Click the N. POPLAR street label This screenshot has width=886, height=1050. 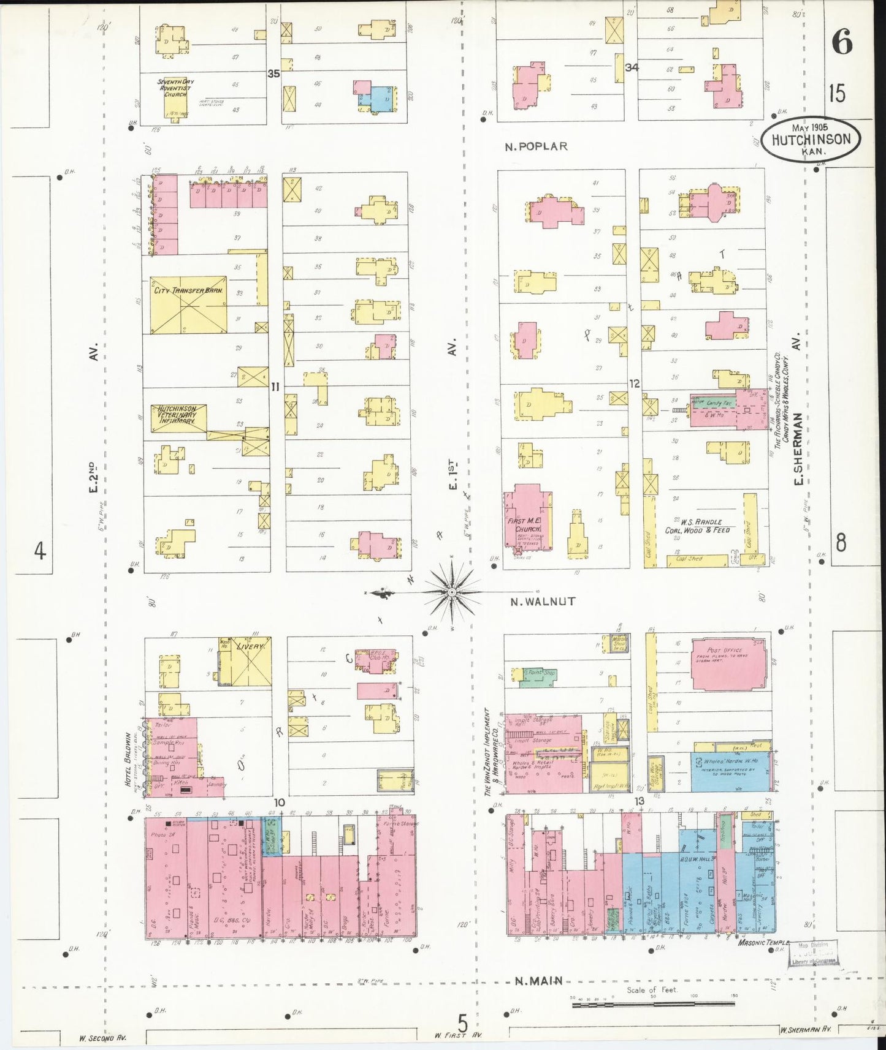tap(537, 146)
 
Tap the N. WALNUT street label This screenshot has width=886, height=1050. tap(543, 602)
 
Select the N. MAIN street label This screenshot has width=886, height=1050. tap(538, 981)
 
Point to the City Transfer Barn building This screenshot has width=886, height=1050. tap(188, 304)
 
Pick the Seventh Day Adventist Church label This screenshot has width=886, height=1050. tap(175, 88)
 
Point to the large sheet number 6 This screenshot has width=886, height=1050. tap(842, 42)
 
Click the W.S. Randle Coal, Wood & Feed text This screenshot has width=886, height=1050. tap(697, 526)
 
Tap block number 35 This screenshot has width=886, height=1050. tap(273, 74)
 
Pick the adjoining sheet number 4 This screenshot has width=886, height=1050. tap(40, 552)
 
